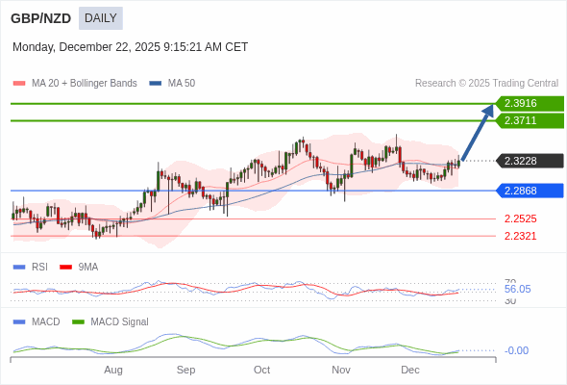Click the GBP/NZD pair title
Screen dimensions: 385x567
click(x=39, y=17)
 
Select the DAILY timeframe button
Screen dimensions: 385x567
click(x=100, y=17)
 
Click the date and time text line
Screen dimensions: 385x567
click(x=130, y=46)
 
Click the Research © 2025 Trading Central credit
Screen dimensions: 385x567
click(x=486, y=84)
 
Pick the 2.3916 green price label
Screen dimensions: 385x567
click(x=529, y=104)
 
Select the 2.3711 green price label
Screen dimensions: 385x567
click(x=529, y=120)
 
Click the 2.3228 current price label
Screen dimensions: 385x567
click(x=529, y=161)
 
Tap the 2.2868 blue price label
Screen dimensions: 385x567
click(x=529, y=191)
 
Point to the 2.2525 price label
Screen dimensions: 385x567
click(x=520, y=218)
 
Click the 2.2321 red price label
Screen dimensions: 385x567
click(x=520, y=236)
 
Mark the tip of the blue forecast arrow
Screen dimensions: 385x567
click(x=492, y=105)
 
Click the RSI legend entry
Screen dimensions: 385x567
click(x=39, y=267)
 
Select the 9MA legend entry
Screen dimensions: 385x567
click(x=87, y=267)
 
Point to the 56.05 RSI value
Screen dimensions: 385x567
click(x=517, y=289)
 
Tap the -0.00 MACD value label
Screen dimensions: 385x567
click(x=516, y=350)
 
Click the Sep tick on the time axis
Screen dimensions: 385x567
click(x=185, y=370)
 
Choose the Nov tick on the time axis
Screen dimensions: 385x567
click(x=340, y=370)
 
